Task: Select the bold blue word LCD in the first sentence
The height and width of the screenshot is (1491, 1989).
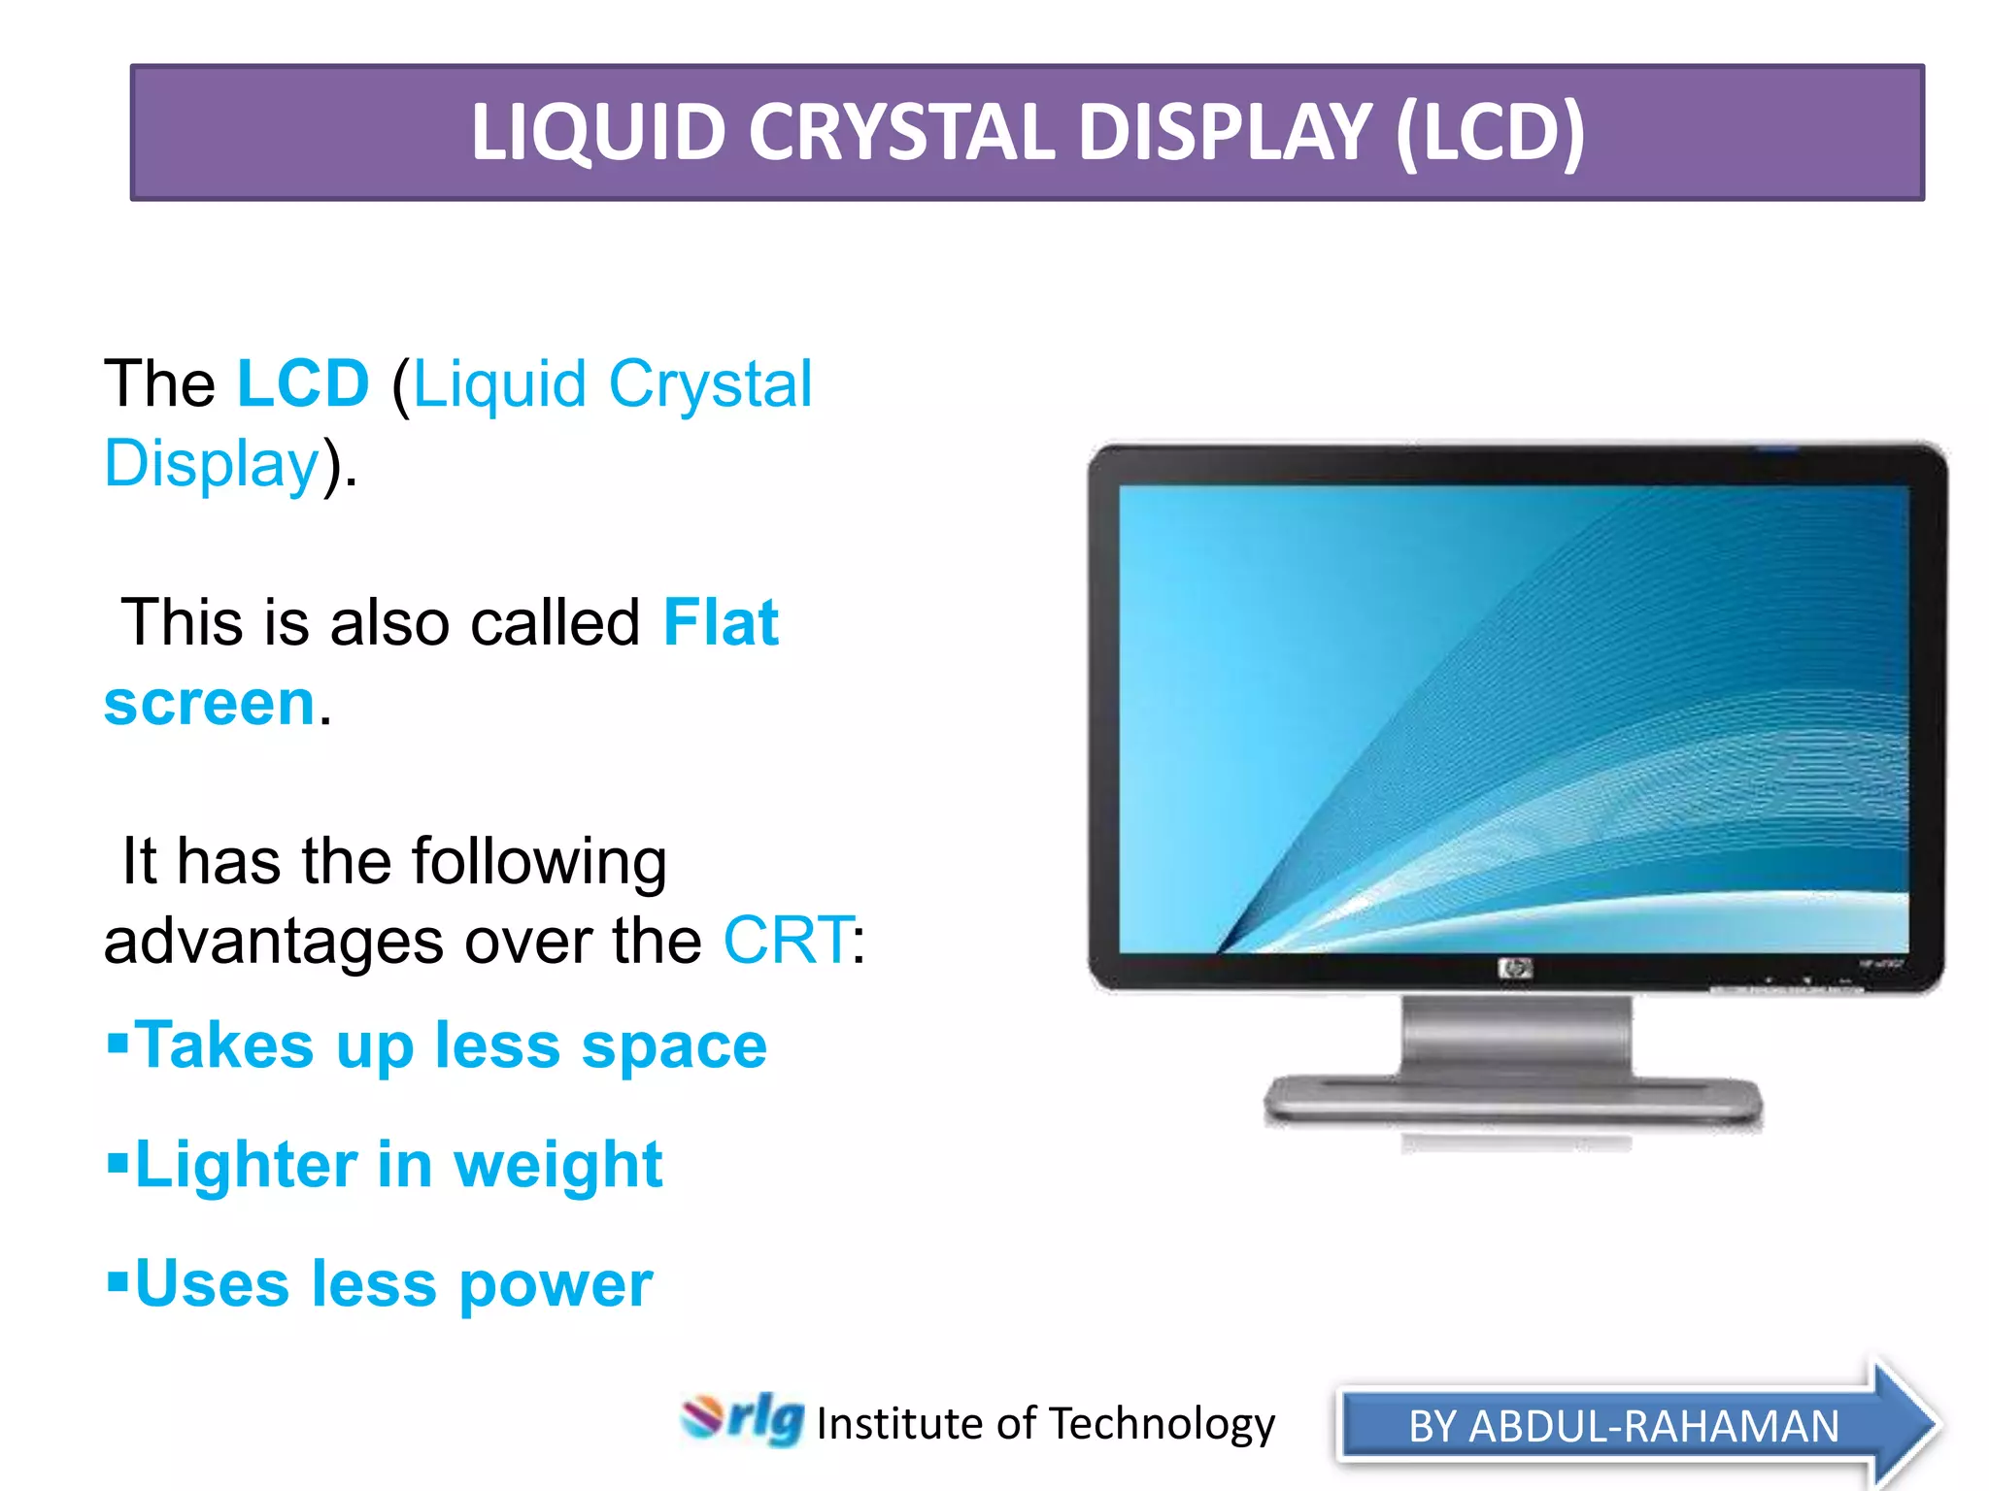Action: coord(303,383)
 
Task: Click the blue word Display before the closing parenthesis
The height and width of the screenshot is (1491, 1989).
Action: coord(212,463)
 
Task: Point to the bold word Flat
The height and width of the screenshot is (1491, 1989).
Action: coord(721,622)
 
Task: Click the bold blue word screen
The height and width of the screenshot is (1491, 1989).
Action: coord(210,703)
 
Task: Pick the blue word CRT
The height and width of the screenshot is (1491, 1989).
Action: coord(788,940)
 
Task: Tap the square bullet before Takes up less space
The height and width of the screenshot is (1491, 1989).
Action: coord(118,1043)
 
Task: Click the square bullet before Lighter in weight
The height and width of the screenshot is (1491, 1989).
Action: coord(118,1162)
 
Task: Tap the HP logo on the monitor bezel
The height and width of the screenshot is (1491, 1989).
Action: coord(1515,968)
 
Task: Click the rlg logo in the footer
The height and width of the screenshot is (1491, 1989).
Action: coord(744,1419)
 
